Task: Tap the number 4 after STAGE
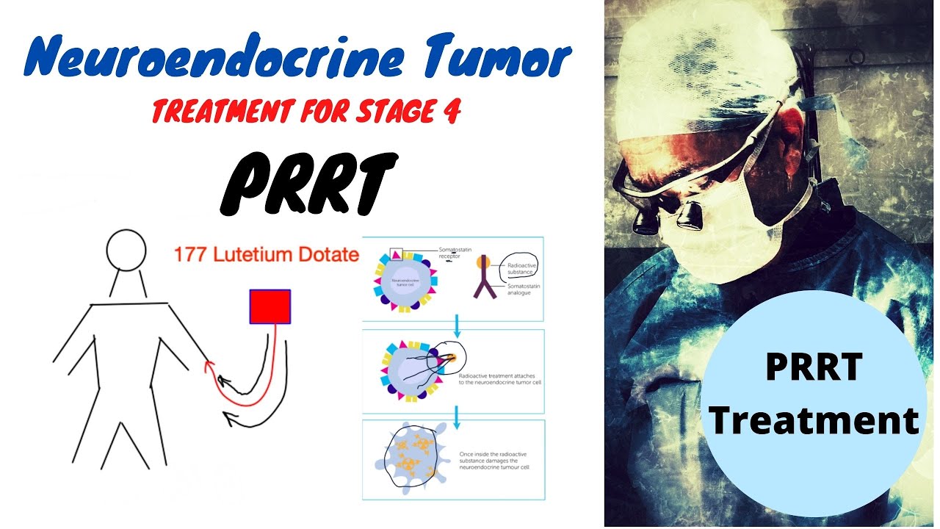[451, 112]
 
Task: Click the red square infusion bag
[270, 306]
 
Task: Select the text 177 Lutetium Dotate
[266, 255]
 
